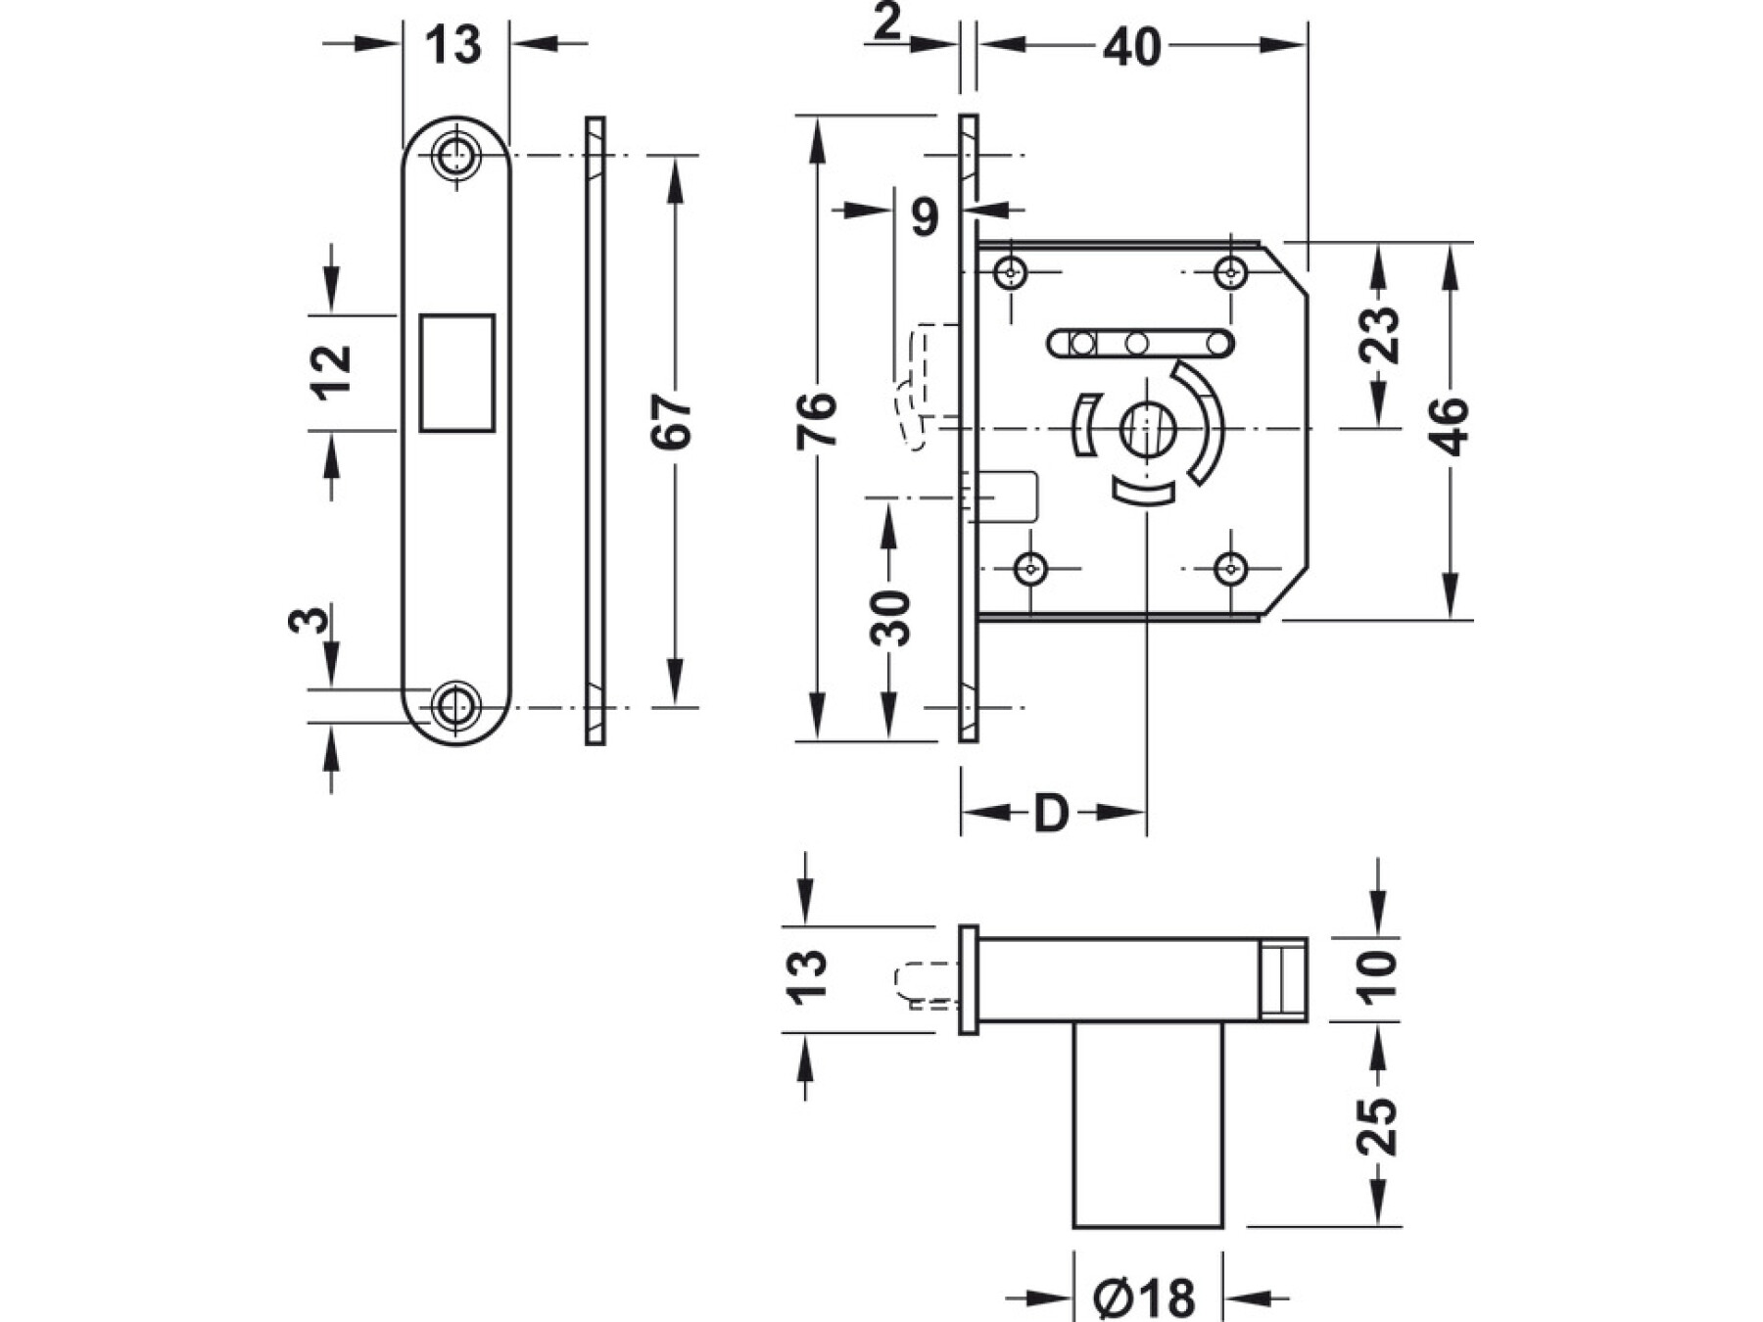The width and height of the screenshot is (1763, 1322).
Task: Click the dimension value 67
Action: (672, 422)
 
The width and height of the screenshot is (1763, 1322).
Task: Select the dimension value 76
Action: (817, 421)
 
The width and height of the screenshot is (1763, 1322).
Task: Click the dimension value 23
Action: (1382, 335)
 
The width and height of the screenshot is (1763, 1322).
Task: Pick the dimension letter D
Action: (1051, 813)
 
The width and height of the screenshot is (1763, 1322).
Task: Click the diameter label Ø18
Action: (1144, 1298)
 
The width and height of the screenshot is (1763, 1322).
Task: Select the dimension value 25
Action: (1379, 1126)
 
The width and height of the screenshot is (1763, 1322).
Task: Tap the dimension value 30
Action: (889, 617)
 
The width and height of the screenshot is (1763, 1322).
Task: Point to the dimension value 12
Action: (331, 372)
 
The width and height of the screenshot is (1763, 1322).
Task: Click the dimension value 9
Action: (925, 216)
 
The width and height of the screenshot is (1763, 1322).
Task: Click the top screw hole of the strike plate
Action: (455, 155)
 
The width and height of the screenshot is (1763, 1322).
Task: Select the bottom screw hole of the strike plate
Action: (455, 705)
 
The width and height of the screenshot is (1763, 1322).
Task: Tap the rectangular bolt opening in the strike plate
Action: (456, 373)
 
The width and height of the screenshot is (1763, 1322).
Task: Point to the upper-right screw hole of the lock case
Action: (1230, 272)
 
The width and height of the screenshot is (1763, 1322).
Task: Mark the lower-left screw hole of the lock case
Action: (1030, 568)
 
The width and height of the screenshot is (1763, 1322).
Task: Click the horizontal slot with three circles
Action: (1140, 343)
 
